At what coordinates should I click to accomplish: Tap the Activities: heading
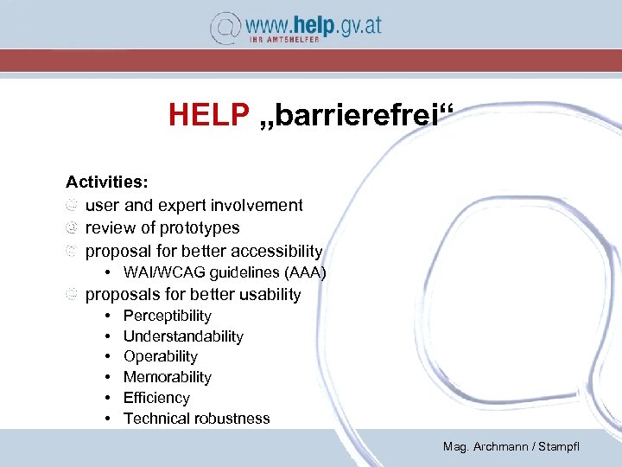(107, 182)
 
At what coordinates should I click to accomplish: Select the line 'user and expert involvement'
(194, 206)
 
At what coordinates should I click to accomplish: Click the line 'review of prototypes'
(162, 228)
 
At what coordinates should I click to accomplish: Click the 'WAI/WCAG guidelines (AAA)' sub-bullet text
(225, 273)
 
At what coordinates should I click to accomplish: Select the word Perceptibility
(167, 317)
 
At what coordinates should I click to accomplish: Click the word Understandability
(183, 336)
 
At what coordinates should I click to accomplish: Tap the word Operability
(160, 356)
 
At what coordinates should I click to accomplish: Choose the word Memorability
(167, 377)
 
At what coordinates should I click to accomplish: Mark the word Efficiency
(156, 398)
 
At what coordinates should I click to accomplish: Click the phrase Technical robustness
(196, 419)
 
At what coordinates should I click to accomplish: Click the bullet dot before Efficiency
(105, 398)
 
